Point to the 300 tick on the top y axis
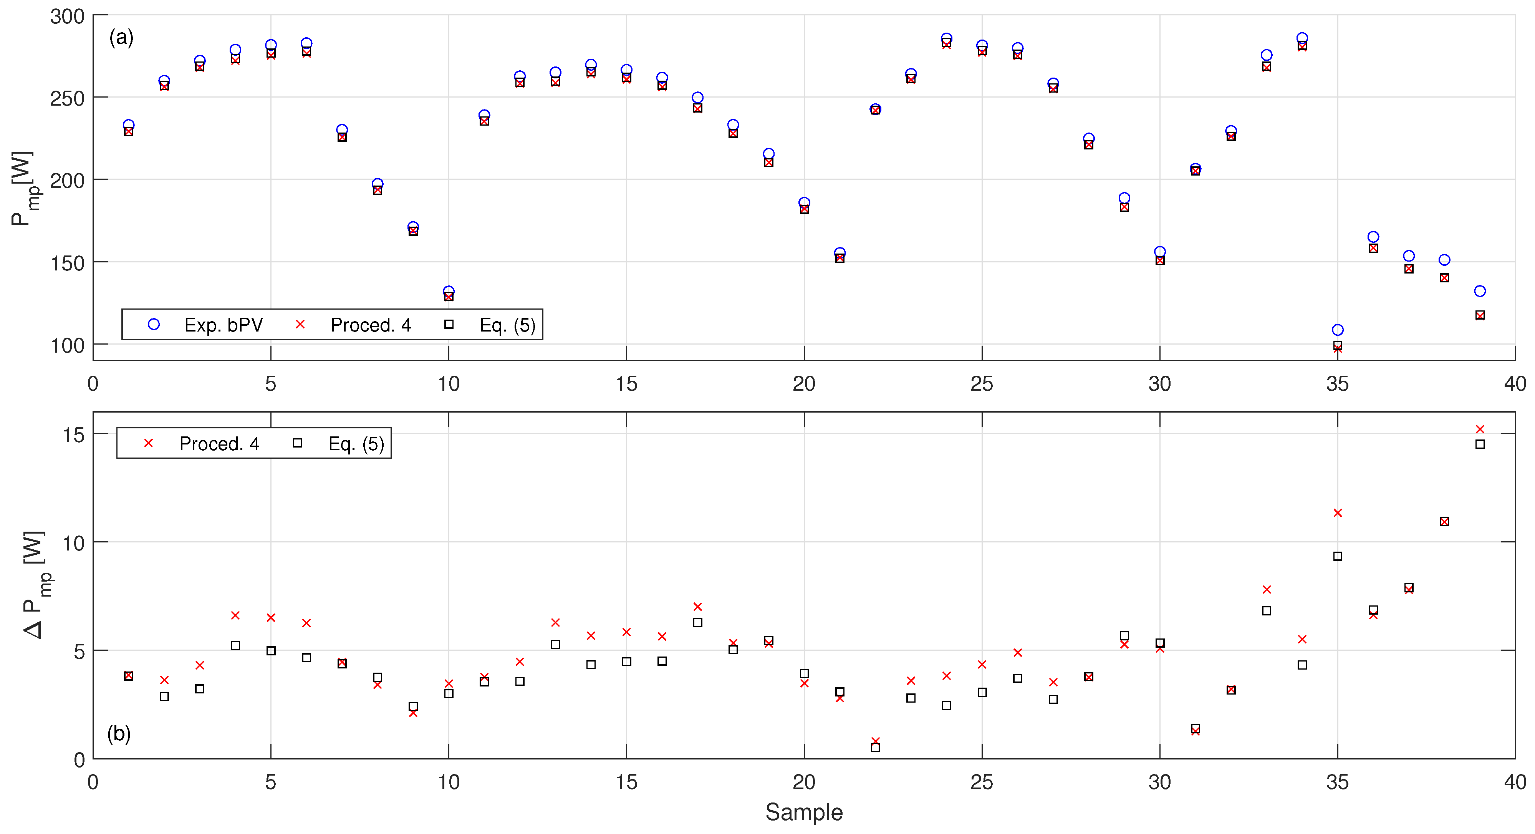[67, 16]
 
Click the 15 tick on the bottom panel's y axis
[73, 434]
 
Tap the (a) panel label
[121, 38]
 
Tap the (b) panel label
[119, 733]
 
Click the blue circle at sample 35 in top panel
[1337, 330]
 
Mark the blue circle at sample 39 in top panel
[1480, 291]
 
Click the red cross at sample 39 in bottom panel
[1480, 429]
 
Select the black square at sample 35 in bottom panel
[1337, 556]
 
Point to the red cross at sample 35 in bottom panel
[1337, 513]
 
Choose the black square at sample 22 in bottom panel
[875, 748]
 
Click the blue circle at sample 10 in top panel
[449, 292]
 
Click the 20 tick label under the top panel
[803, 384]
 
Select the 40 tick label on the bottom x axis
[1514, 782]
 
